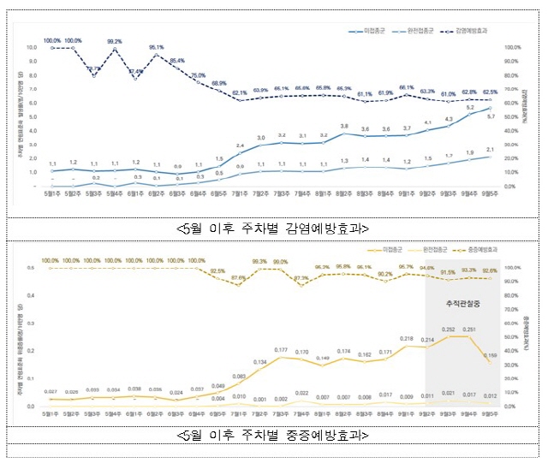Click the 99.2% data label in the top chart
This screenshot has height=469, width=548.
114,40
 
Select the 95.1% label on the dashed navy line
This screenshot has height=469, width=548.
156,47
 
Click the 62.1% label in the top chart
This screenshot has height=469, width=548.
240,92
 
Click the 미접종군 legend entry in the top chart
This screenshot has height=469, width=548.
372,29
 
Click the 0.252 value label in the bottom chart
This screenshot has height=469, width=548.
448,329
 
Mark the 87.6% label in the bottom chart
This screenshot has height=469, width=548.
239,278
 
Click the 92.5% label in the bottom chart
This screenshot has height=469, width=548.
218,270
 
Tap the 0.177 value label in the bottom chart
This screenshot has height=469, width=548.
281,349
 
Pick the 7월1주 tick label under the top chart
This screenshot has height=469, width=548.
239,195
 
